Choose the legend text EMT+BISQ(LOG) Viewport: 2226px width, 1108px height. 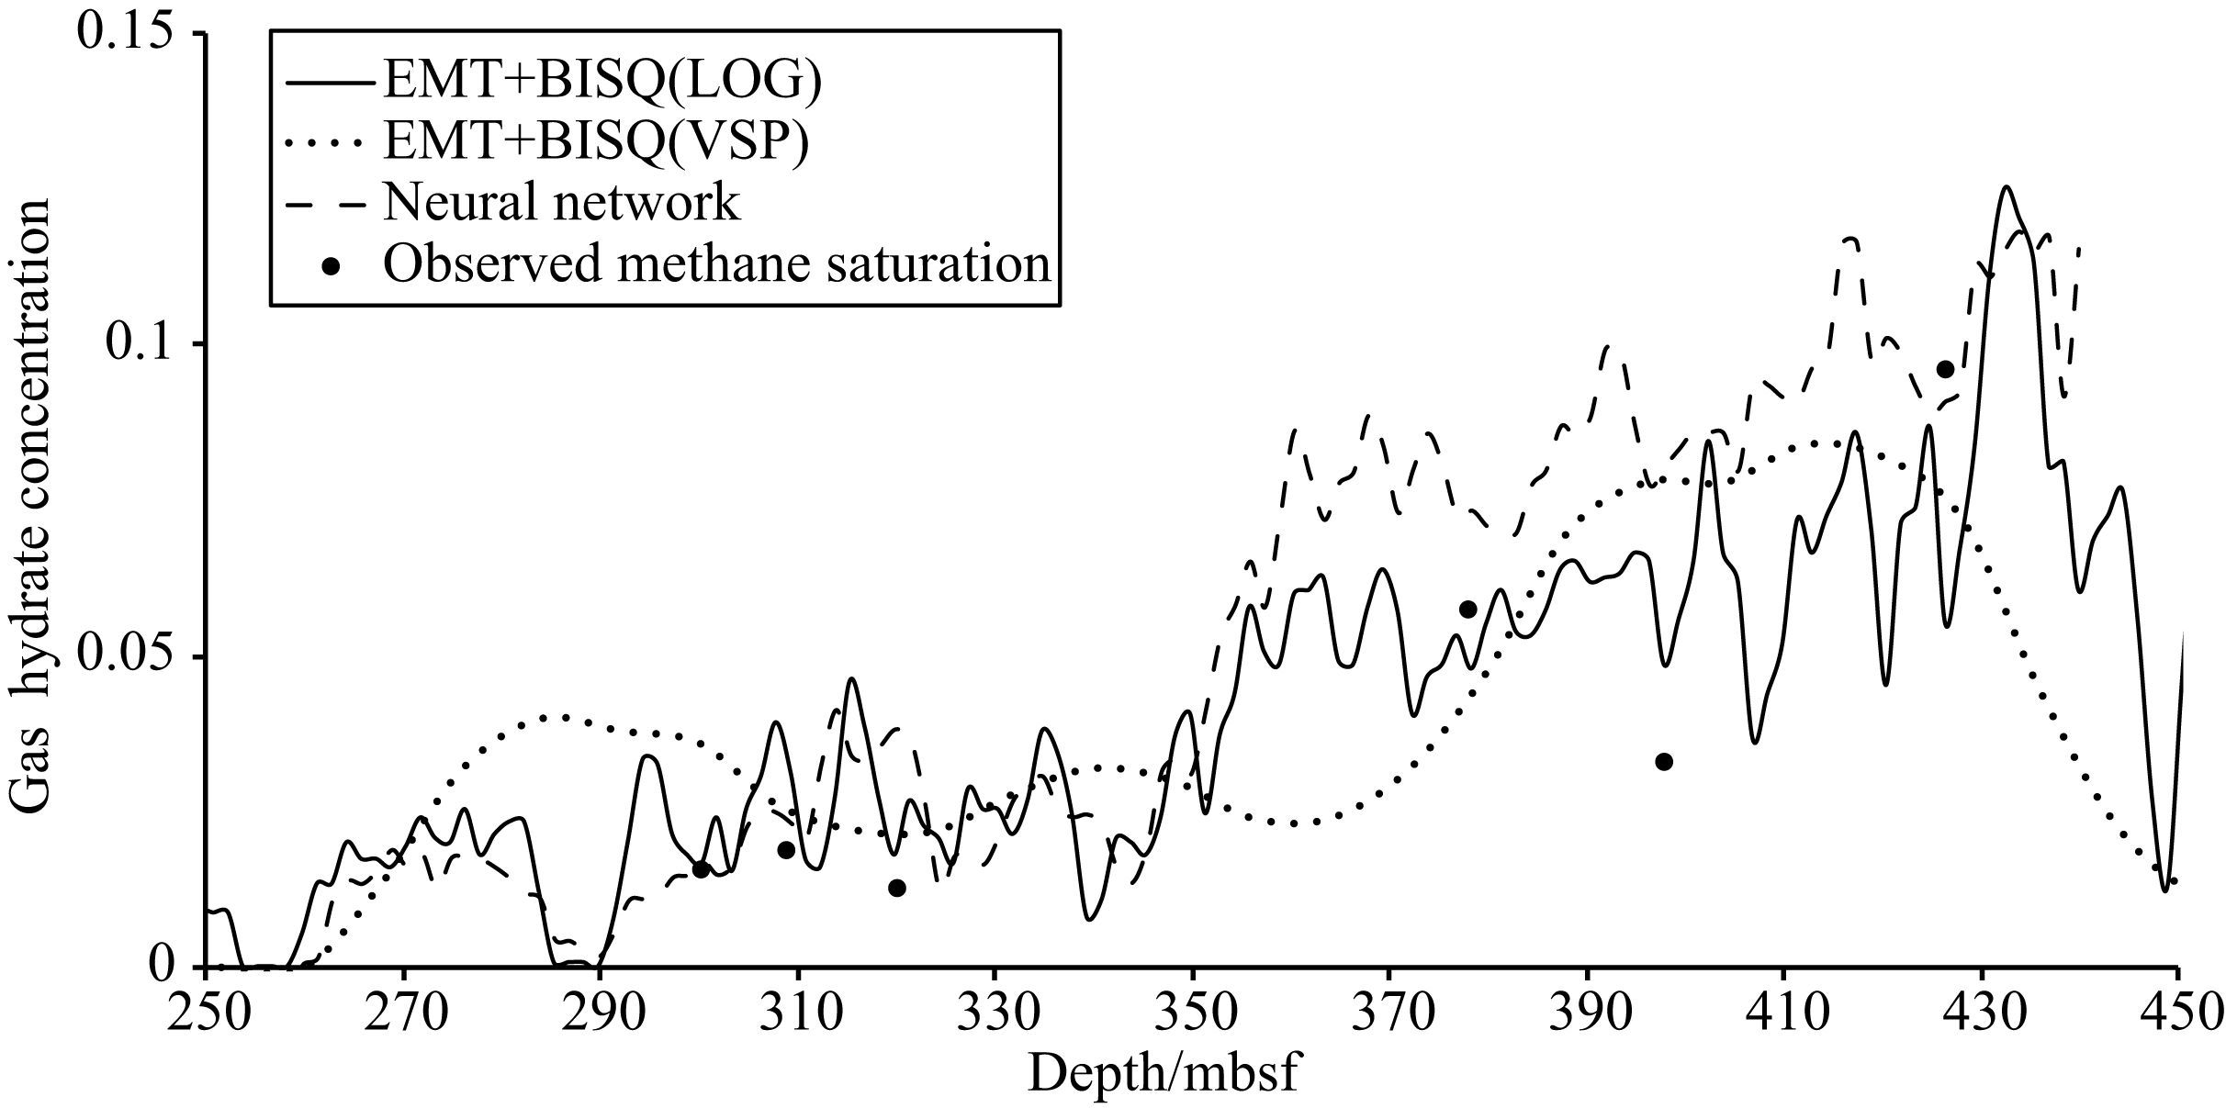click(602, 81)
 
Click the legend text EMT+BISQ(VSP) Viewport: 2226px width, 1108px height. click(597, 140)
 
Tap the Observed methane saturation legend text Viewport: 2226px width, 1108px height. click(716, 263)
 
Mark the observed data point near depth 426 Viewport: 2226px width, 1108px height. click(1945, 369)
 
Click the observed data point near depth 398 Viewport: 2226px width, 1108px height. click(1664, 761)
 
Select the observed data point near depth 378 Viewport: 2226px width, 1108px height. click(1467, 609)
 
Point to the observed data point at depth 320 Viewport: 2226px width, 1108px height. click(897, 888)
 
